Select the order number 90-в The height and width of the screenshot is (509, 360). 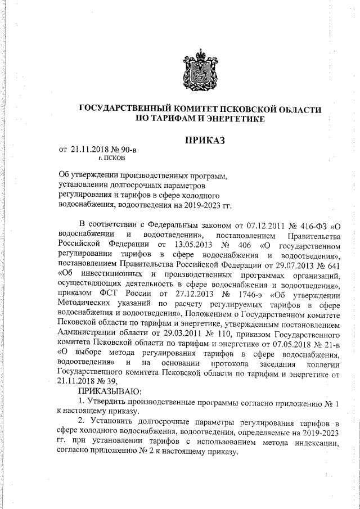coord(126,150)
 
